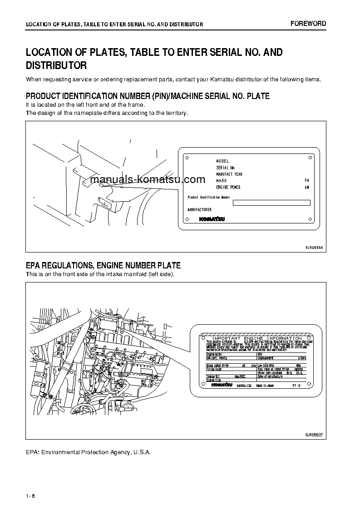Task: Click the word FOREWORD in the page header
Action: tap(308, 24)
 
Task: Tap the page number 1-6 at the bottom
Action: tap(31, 495)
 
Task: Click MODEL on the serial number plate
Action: tap(223, 161)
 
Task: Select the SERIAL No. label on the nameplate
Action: tap(226, 168)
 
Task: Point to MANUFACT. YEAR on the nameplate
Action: tap(229, 174)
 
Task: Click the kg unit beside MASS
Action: tap(307, 181)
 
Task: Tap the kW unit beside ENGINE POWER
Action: tap(307, 188)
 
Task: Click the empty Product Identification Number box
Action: tap(271, 203)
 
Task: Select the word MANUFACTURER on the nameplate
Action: tap(199, 210)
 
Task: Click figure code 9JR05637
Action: tap(314, 435)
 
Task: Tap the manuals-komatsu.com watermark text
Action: tap(148, 179)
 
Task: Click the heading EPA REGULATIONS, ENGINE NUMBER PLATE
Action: tap(103, 266)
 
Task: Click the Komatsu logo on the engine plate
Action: tap(222, 385)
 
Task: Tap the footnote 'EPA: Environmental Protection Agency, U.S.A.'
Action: tap(88, 452)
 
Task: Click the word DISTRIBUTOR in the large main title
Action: tap(56, 66)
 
